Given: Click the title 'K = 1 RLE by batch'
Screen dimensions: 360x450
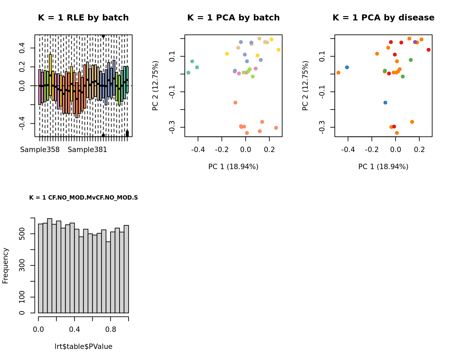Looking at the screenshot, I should click(x=83, y=18).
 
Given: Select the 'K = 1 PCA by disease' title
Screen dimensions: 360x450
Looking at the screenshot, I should click(x=383, y=18).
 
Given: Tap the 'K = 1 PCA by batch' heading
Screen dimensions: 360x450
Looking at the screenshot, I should click(x=233, y=18).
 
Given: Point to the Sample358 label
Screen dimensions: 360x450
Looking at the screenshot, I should click(x=40, y=150).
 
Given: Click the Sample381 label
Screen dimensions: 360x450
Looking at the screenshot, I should click(x=87, y=150).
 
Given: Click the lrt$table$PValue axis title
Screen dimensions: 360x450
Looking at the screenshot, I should click(x=83, y=347).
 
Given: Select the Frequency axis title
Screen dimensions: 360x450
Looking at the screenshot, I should click(x=5, y=266).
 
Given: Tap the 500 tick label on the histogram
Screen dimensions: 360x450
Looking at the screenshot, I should click(x=22, y=234).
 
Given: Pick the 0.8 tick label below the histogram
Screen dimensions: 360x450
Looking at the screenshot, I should click(x=111, y=330).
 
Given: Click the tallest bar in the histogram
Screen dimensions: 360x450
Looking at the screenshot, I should click(x=50, y=266).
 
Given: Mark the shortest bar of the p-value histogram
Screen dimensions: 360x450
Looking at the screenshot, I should click(x=108, y=277).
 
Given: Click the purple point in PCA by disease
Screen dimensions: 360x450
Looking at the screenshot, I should click(x=415, y=42).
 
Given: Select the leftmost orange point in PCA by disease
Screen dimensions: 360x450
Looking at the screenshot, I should click(x=338, y=73).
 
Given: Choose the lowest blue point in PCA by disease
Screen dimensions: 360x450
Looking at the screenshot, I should click(x=385, y=102).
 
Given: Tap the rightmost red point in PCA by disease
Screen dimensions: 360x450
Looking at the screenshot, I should click(x=429, y=50).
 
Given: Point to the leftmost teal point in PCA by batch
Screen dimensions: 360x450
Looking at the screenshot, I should click(x=189, y=73).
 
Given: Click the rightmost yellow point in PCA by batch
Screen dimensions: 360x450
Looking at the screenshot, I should click(x=279, y=50).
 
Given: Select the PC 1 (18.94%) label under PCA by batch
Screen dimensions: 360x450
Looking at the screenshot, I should click(x=233, y=167).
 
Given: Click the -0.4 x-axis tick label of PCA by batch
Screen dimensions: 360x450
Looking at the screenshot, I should click(x=198, y=150).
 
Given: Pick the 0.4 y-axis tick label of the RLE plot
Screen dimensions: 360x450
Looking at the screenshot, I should click(x=22, y=48).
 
